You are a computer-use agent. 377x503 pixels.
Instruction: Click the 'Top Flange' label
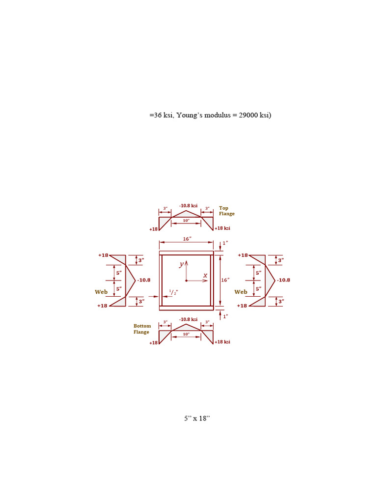227,211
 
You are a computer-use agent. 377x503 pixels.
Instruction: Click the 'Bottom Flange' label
142,329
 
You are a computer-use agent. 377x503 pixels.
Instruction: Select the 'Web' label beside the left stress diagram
101,292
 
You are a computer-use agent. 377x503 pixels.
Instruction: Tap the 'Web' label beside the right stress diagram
241,292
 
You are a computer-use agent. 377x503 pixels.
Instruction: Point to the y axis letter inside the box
182,264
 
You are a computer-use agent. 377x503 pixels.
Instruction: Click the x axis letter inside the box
205,276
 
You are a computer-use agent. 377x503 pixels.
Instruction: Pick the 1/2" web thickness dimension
173,292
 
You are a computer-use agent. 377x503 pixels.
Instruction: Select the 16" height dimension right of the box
225,280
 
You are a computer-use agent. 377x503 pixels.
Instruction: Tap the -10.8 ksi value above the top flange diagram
188,206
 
